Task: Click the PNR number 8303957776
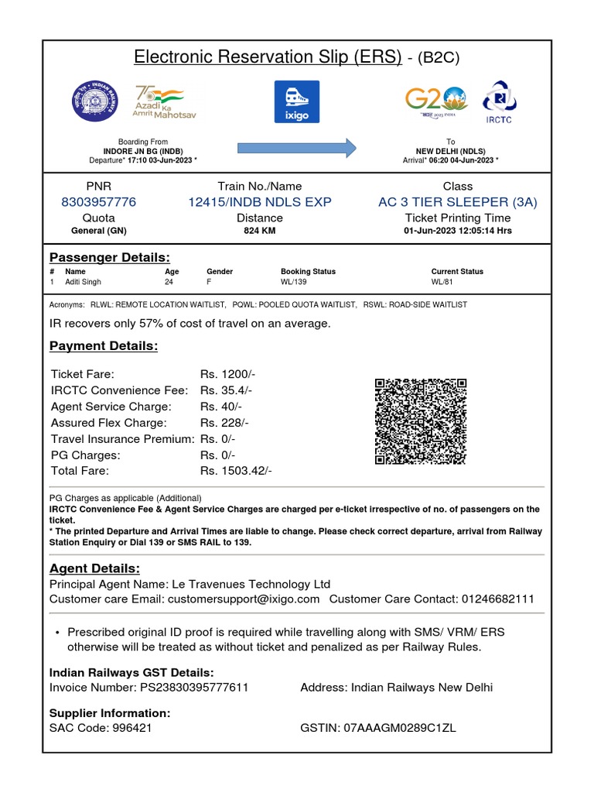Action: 98,202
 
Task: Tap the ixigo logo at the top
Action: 297,101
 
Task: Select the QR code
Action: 421,421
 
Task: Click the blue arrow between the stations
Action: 296,147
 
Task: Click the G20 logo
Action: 436,101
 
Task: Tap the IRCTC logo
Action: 499,101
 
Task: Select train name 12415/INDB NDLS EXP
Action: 260,202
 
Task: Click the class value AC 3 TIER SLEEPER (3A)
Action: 457,202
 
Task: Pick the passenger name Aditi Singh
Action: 83,283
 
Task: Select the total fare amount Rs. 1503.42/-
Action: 236,471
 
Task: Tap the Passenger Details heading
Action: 110,257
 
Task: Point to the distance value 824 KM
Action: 260,231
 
